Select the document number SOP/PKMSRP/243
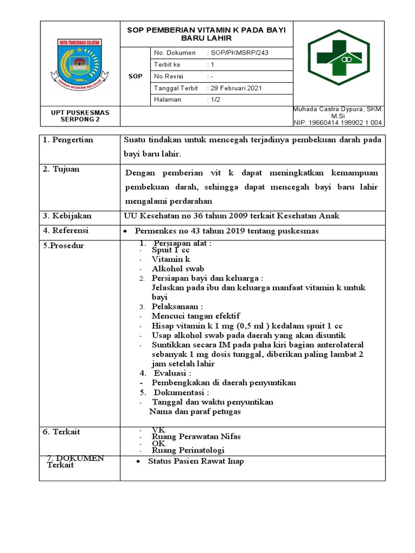pyautogui.click(x=238, y=53)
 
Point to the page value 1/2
pyautogui.click(x=213, y=100)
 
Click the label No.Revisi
pyautogui.click(x=169, y=76)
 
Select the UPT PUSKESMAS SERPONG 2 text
pyautogui.click(x=80, y=116)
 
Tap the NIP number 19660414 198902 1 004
pyautogui.click(x=338, y=123)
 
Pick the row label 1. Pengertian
pyautogui.click(x=68, y=140)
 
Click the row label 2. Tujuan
pyautogui.click(x=61, y=169)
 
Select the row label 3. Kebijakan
pyautogui.click(x=68, y=216)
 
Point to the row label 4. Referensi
pyautogui.click(x=66, y=231)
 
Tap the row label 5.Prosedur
pyautogui.click(x=64, y=246)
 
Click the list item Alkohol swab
pyautogui.click(x=178, y=268)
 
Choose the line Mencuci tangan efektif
pyautogui.click(x=196, y=316)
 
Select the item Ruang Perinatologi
pyautogui.click(x=188, y=450)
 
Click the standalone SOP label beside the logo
pyautogui.click(x=136, y=76)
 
